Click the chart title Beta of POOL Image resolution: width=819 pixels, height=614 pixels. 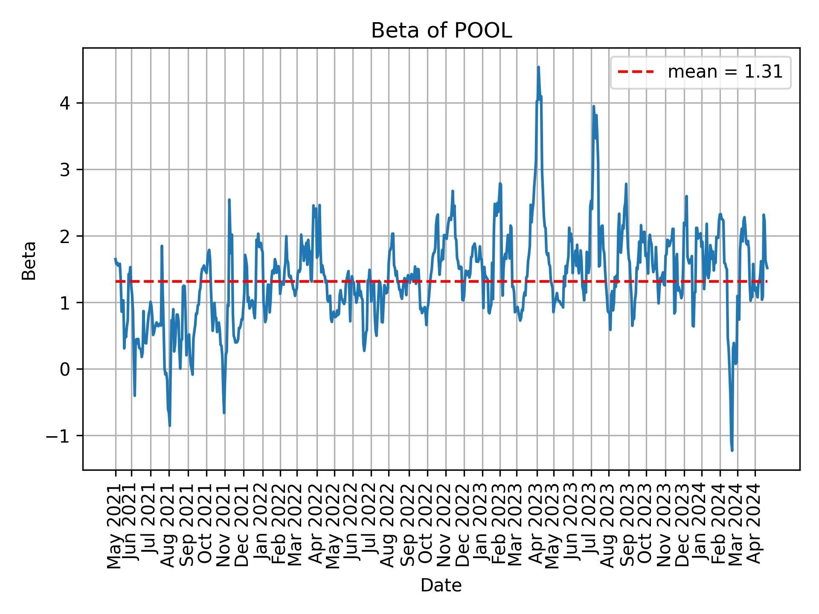click(441, 31)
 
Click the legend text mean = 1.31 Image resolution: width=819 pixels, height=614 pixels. click(725, 72)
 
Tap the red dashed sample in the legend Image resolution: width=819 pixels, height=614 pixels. click(636, 72)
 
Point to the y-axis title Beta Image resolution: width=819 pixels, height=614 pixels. click(29, 261)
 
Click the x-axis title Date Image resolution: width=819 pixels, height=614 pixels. click(441, 585)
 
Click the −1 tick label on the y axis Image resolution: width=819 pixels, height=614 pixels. click(60, 436)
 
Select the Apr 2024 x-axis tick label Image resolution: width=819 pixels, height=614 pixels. click(755, 529)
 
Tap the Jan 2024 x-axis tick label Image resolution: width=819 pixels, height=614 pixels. click(701, 529)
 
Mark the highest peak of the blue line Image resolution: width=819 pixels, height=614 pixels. click(538, 67)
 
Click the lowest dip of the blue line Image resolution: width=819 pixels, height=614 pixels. click(732, 450)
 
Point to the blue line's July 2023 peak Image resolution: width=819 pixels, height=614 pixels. click(593, 107)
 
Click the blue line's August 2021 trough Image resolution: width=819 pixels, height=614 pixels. click(170, 426)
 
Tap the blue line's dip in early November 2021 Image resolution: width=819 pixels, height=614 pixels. click(224, 413)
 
